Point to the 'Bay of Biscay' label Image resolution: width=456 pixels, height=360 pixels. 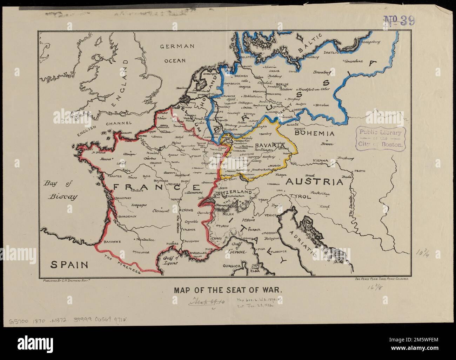(61, 190)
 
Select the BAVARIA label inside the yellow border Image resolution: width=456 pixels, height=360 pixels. (269, 145)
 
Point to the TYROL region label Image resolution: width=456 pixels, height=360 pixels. (300, 196)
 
